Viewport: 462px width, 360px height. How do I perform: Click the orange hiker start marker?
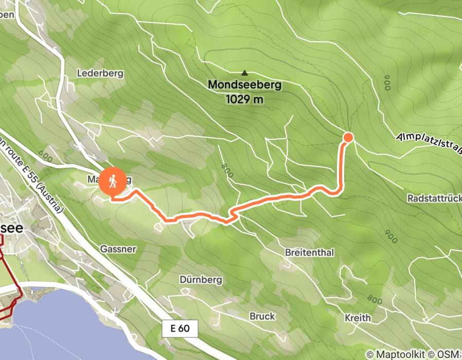tap(113, 182)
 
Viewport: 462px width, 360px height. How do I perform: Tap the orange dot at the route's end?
tap(348, 137)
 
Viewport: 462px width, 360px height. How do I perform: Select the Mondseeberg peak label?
tap(245, 84)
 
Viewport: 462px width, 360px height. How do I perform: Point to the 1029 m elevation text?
tap(244, 99)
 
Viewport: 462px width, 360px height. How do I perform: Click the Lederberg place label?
tap(100, 73)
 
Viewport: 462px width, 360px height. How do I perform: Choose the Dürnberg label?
tap(201, 280)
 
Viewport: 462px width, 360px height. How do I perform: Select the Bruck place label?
tap(262, 316)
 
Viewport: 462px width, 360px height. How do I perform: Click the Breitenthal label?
tap(309, 253)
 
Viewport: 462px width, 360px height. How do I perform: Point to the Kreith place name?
tap(358, 317)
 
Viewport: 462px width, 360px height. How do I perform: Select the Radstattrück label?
tap(434, 198)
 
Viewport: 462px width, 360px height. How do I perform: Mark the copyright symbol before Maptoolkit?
tap(370, 354)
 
